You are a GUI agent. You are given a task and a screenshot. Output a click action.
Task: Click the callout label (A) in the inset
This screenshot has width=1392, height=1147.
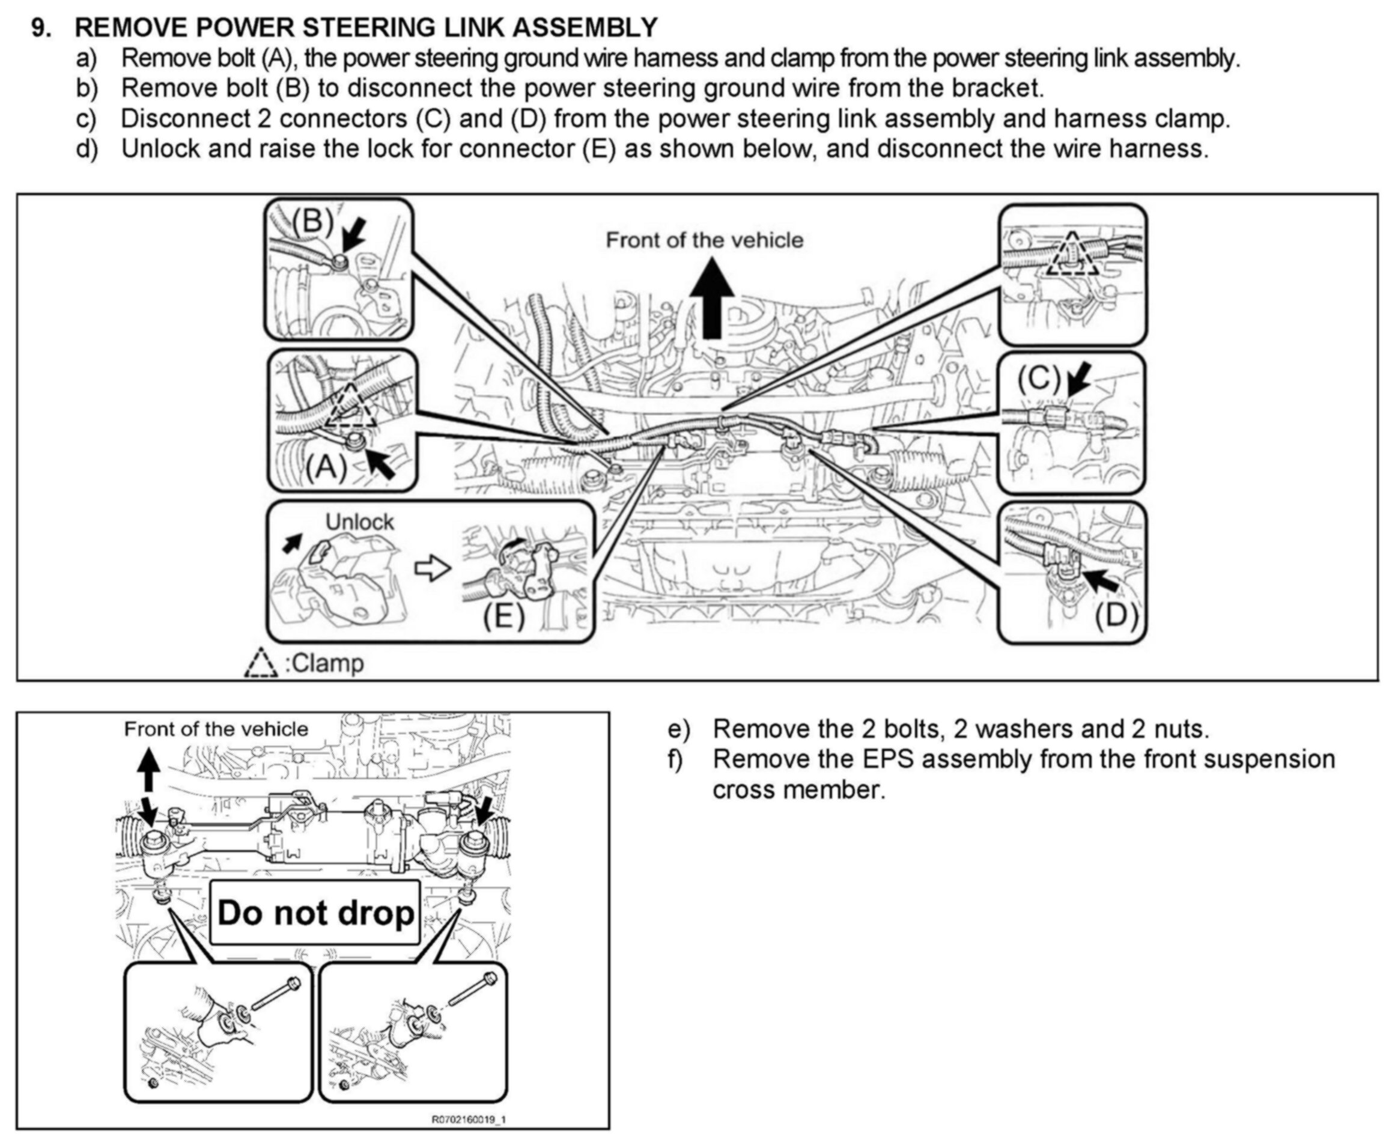pyautogui.click(x=326, y=468)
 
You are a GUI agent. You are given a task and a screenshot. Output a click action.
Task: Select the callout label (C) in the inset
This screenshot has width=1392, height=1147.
pyautogui.click(x=1039, y=379)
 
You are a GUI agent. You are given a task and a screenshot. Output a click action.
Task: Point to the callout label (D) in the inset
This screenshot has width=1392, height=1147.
pyautogui.click(x=1116, y=615)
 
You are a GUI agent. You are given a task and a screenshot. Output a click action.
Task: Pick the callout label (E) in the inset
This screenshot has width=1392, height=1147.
pyautogui.click(x=503, y=618)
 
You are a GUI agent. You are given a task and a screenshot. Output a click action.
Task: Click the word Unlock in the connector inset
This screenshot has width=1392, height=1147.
pyautogui.click(x=359, y=522)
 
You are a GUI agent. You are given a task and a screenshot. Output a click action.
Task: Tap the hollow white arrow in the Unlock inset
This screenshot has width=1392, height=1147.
pyautogui.click(x=432, y=568)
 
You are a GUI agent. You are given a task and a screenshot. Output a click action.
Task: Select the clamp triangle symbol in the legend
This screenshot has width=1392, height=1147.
pyautogui.click(x=261, y=663)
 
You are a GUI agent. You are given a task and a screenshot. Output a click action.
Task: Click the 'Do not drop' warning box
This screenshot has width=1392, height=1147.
pyautogui.click(x=315, y=913)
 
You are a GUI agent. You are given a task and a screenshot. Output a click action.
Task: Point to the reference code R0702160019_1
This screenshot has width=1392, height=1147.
pyautogui.click(x=469, y=1119)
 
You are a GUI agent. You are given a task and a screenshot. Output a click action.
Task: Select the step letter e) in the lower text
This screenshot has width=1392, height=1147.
pyautogui.click(x=678, y=729)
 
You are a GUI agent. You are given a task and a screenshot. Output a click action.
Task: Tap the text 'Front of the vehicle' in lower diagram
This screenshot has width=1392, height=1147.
pyautogui.click(x=216, y=729)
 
